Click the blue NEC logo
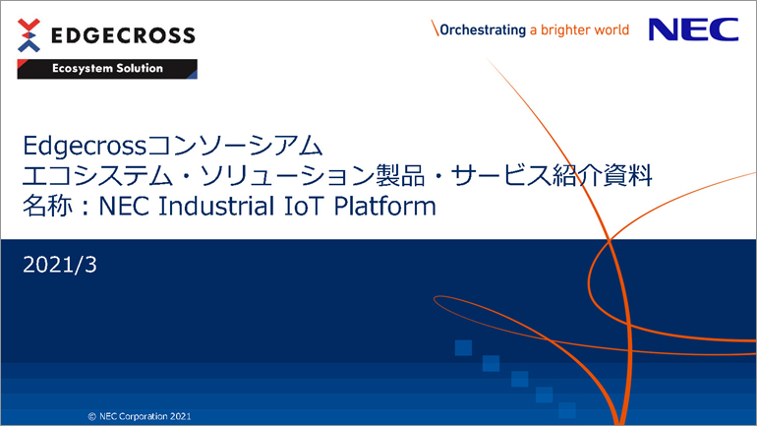pos(693,30)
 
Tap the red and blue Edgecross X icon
pos(29,35)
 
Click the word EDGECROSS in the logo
pos(123,35)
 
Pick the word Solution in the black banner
pos(140,68)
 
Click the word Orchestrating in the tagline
pos(483,30)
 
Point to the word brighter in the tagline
pos(565,30)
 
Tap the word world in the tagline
pos(611,30)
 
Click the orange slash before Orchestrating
pos(435,28)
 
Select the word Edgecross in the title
pos(85,146)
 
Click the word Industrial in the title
pos(216,206)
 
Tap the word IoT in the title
pos(303,206)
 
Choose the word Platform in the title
pos(384,206)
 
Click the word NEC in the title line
pos(123,206)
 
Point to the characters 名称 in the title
pos(48,206)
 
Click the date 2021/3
pos(60,265)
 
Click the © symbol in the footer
pos(91,416)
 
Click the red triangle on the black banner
pos(22,64)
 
